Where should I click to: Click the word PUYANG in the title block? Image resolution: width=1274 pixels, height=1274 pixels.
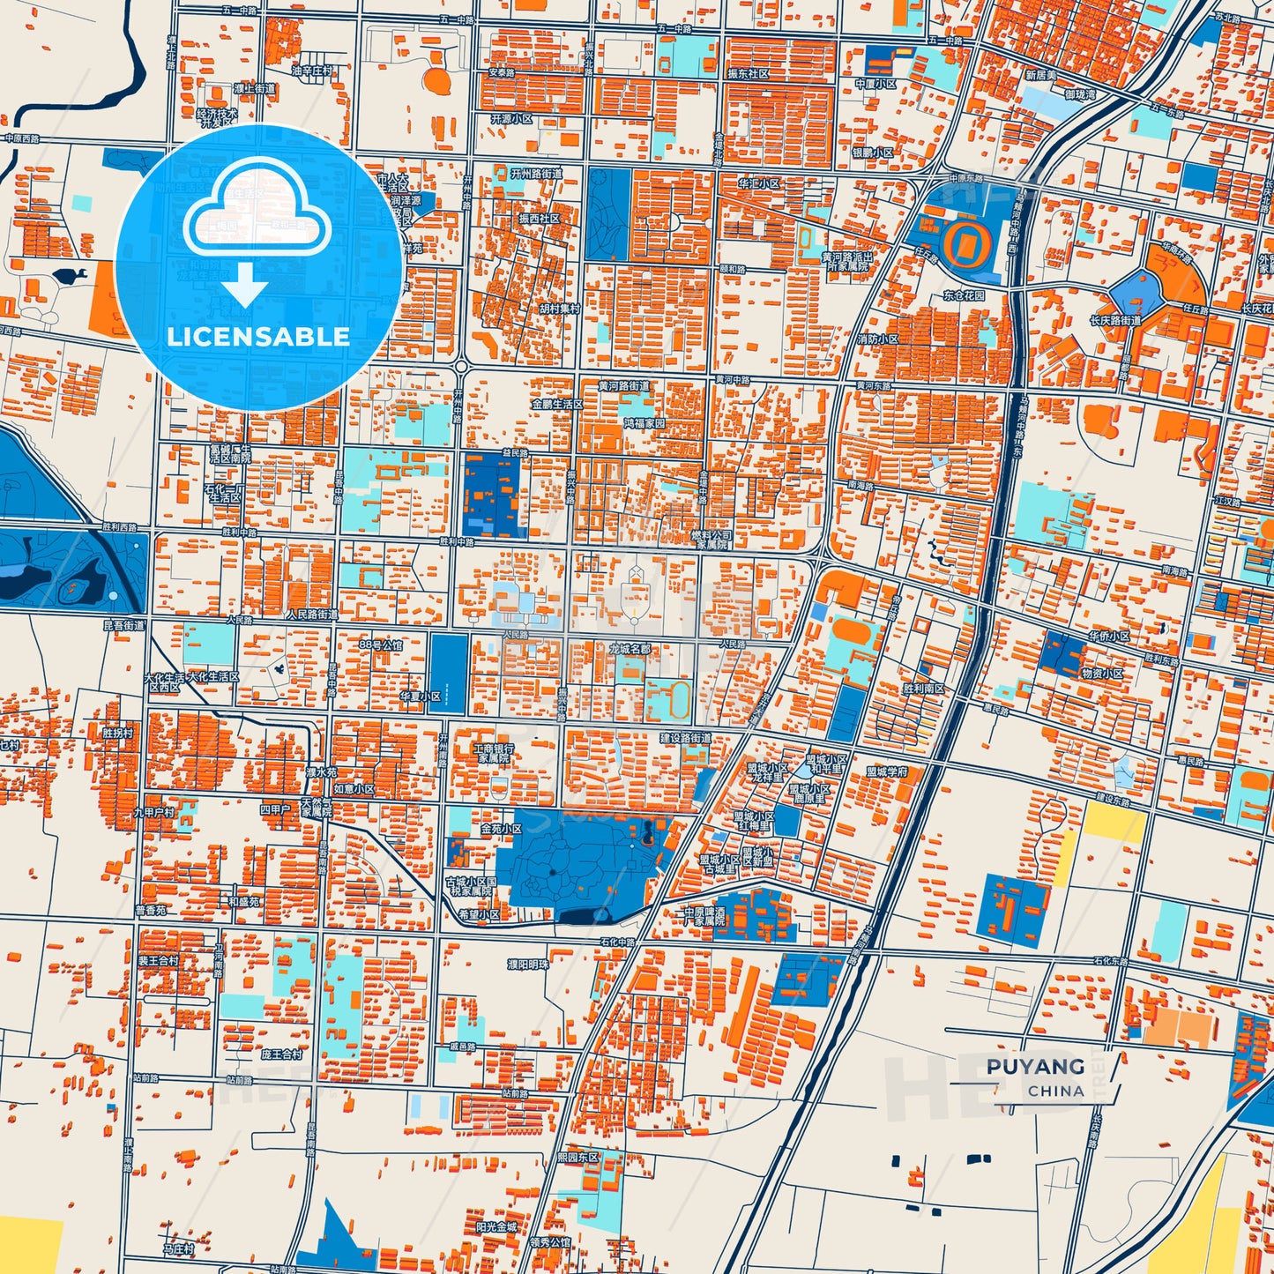tap(1035, 1066)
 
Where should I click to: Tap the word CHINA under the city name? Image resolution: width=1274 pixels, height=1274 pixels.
tap(1055, 1091)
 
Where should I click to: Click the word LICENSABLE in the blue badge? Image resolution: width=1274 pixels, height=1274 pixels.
tap(258, 336)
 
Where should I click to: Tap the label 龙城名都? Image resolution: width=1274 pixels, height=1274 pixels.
tap(630, 649)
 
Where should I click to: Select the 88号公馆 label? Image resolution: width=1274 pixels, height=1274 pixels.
tap(380, 645)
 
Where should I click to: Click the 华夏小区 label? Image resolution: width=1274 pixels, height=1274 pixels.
tap(420, 696)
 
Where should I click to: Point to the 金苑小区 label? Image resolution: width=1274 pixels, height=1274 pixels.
tap(501, 829)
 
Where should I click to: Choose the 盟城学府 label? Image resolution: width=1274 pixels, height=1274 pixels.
tap(886, 771)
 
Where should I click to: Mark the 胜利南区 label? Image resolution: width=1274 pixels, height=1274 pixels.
tap(923, 689)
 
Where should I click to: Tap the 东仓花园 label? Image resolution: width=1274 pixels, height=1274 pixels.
tap(964, 295)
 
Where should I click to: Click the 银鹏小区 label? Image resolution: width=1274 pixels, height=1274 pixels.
tap(872, 153)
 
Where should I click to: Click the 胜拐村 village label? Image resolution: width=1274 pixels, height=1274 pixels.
tap(117, 733)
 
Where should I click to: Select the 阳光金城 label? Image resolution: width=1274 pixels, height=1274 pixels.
tap(496, 1226)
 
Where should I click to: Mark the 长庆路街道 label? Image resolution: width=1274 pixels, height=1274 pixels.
tap(1115, 320)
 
